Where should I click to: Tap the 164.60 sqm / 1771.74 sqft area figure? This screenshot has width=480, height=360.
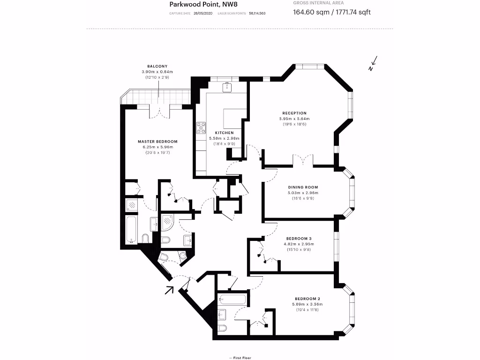[331, 12]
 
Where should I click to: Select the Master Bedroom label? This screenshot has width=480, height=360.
[157, 142]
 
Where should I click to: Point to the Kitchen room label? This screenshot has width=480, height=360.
[224, 133]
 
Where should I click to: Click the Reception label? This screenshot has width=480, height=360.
[294, 113]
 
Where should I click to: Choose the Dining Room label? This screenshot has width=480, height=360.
[303, 187]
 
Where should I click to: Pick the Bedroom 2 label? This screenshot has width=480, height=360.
[307, 299]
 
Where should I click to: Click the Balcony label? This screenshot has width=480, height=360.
[157, 66]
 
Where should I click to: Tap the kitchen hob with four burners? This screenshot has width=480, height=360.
[202, 127]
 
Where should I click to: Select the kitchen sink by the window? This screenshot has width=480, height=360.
[227, 86]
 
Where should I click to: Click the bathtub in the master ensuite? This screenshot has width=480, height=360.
[132, 229]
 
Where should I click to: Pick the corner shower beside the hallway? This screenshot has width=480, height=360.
[167, 222]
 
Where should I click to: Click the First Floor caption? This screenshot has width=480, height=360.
[240, 358]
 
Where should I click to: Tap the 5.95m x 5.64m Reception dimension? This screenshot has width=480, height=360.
[294, 119]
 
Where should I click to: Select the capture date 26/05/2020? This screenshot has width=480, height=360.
[203, 14]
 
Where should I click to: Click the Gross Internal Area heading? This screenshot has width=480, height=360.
[318, 3]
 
